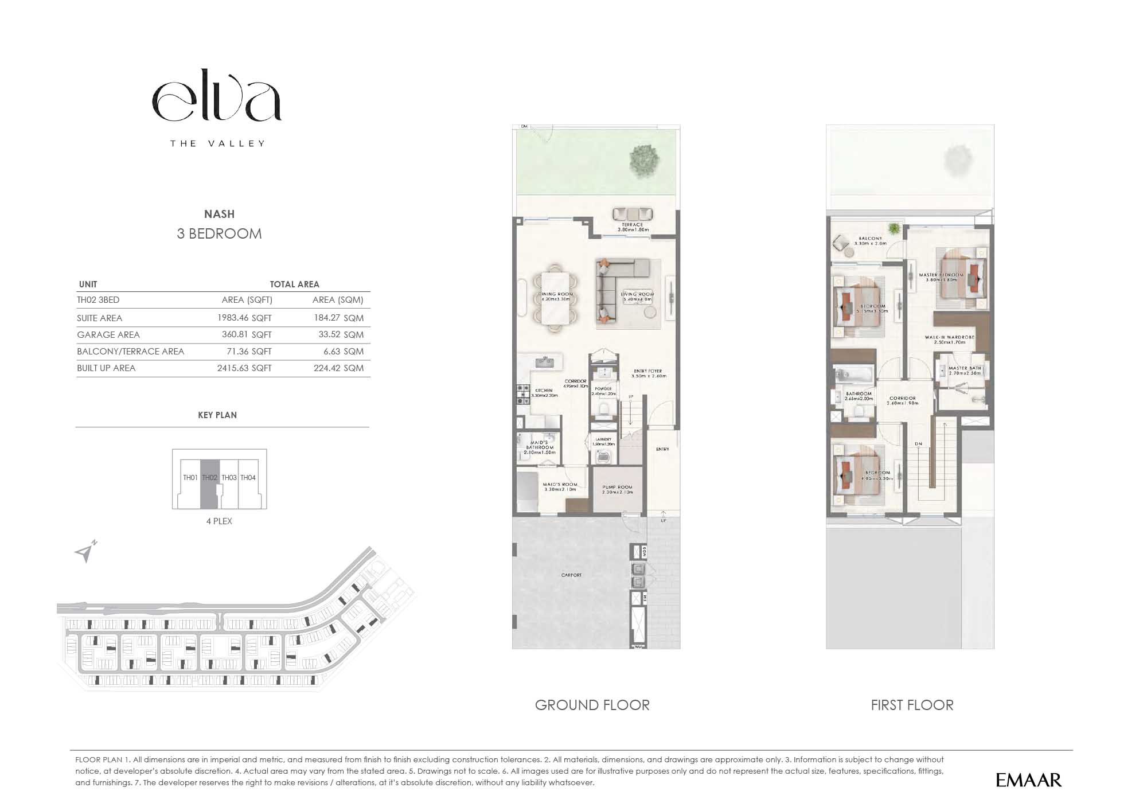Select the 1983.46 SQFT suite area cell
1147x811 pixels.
tap(244, 318)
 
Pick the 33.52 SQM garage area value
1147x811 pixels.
tap(341, 334)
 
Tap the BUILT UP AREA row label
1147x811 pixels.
tap(106, 368)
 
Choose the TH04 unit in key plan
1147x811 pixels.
tap(248, 478)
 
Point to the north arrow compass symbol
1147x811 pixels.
tap(85, 552)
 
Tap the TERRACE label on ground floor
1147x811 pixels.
tap(633, 225)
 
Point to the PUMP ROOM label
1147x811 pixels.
tap(618, 488)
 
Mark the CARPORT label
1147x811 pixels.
tap(571, 575)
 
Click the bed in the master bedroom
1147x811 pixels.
tap(962, 273)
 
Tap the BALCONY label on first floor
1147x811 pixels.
tap(870, 239)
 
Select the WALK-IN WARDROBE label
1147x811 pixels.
tap(950, 337)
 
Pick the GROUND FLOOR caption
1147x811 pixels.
tap(592, 705)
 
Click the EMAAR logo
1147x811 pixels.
tap(1028, 780)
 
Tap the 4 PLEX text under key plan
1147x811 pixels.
tap(219, 521)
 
